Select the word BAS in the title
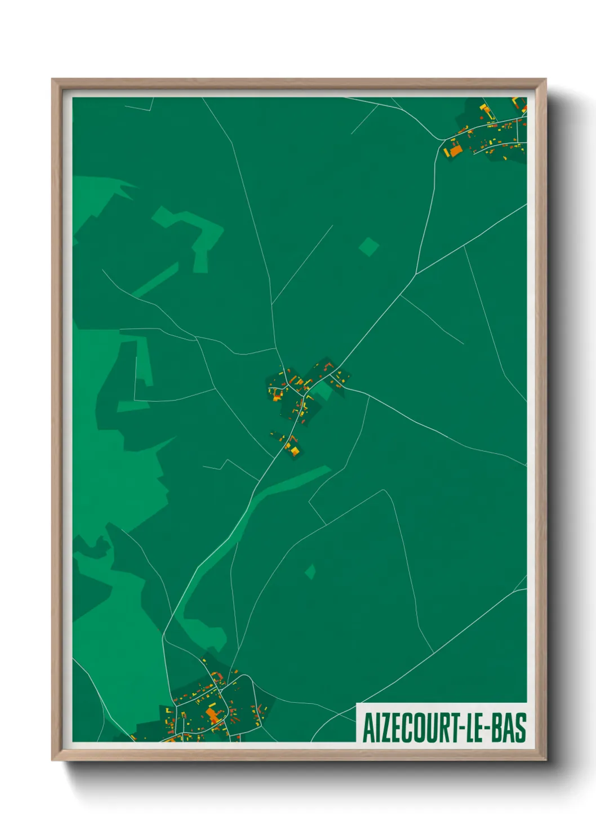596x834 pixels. [x=509, y=727]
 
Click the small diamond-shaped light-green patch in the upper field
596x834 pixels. [x=368, y=246]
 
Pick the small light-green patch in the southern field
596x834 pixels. [x=310, y=572]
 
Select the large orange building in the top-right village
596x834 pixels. [x=455, y=150]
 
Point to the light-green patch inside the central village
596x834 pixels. [x=321, y=389]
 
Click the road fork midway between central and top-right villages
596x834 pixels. [x=416, y=274]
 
